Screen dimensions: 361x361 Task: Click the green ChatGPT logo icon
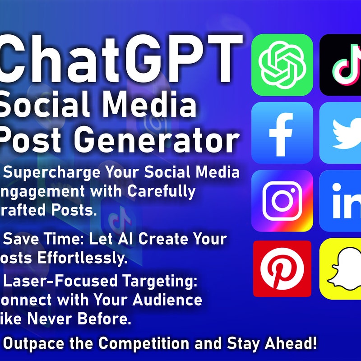click(282, 65)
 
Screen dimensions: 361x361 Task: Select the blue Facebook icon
click(282, 133)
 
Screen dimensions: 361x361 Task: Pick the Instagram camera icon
click(282, 201)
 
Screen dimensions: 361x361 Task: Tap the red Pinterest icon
click(282, 269)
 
